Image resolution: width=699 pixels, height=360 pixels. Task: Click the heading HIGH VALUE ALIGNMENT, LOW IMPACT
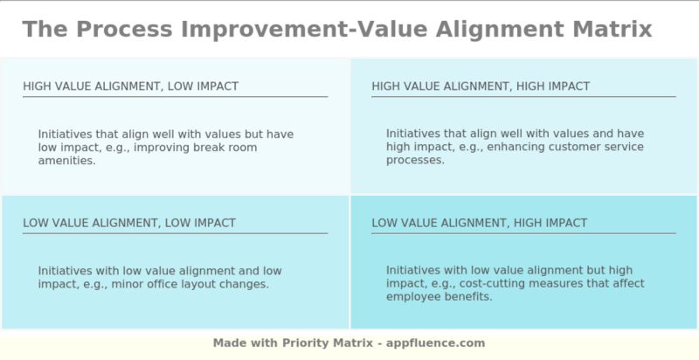[130, 87]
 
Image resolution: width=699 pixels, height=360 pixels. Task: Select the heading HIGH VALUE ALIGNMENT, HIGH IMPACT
[481, 87]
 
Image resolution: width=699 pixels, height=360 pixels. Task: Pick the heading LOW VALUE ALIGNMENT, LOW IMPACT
[129, 223]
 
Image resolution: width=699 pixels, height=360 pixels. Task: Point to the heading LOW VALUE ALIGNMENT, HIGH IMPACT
[479, 223]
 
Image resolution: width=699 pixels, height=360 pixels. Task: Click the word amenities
[66, 161]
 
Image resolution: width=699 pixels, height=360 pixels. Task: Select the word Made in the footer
[229, 343]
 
